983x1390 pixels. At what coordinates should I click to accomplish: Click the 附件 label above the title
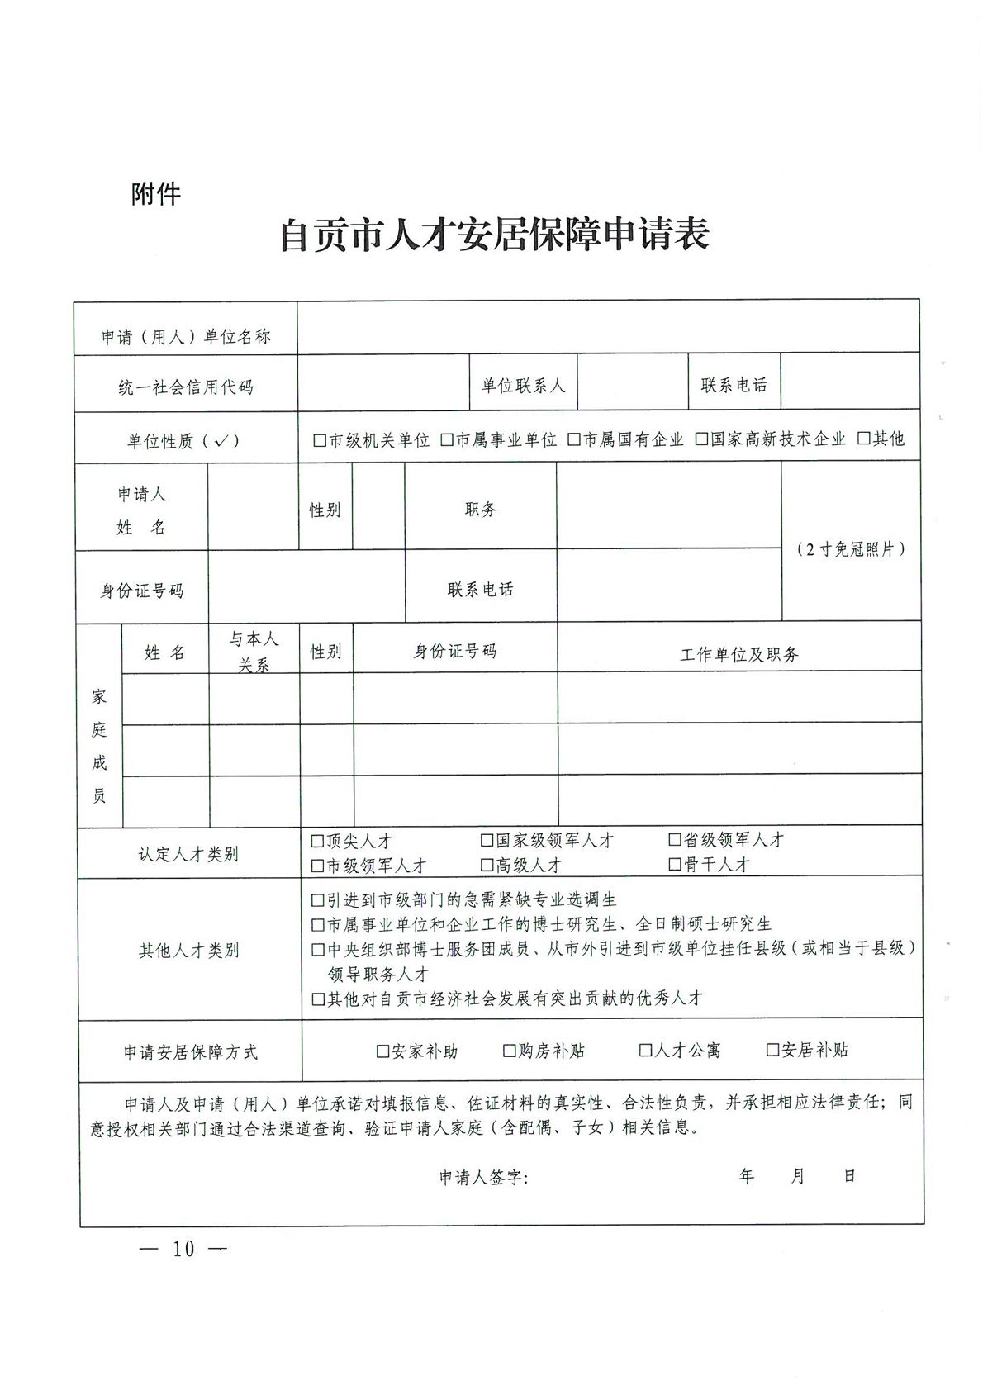click(155, 194)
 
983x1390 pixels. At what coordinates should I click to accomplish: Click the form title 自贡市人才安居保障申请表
click(495, 235)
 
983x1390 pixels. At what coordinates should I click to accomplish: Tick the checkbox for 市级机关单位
click(320, 440)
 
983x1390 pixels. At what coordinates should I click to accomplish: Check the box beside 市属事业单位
click(447, 440)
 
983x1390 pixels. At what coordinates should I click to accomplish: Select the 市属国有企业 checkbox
click(574, 440)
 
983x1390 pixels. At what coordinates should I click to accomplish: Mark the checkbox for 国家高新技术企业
click(701, 439)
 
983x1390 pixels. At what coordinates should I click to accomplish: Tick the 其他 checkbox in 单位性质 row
click(864, 439)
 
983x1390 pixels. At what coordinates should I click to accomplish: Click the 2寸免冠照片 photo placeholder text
click(851, 549)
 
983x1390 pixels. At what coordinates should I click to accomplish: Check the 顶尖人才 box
click(317, 842)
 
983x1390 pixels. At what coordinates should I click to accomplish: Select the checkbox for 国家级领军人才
click(487, 841)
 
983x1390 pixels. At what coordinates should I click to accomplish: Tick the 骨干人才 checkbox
click(675, 865)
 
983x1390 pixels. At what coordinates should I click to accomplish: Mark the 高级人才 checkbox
click(487, 866)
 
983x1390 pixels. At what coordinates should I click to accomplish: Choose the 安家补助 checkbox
click(382, 1051)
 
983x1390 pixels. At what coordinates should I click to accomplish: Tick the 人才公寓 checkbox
click(646, 1051)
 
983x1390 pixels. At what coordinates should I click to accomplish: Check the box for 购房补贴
click(510, 1051)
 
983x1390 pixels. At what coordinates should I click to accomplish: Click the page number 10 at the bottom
click(183, 1249)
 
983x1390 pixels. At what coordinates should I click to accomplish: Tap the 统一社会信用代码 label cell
click(186, 387)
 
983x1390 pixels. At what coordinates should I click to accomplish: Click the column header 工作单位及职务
click(739, 655)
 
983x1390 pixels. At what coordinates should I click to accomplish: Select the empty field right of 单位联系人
click(633, 382)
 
